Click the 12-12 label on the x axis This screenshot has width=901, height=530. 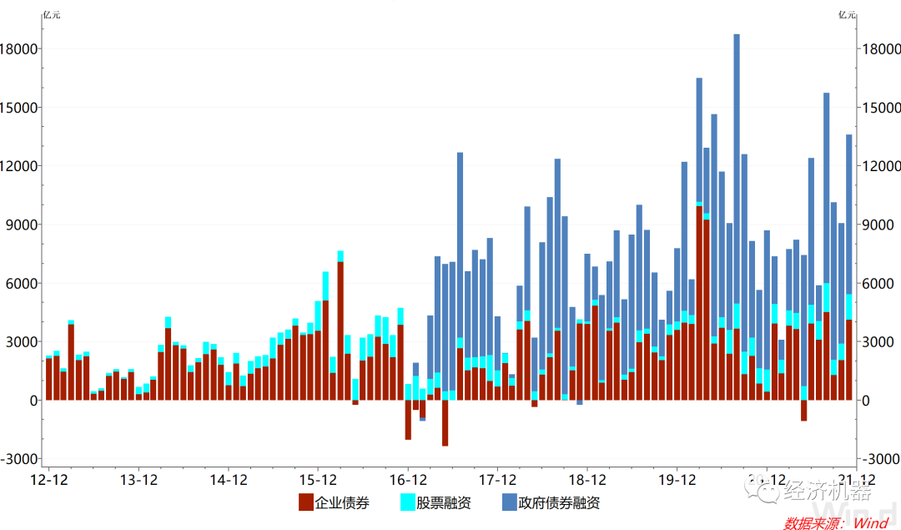tap(49, 480)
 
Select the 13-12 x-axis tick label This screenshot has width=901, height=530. tap(139, 480)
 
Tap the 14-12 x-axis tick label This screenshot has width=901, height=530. tap(229, 480)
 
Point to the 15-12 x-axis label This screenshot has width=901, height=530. tap(318, 480)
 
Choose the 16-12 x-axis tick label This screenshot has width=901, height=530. tap(408, 480)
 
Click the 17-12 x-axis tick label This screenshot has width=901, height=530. tap(497, 480)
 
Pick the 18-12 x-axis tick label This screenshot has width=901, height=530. tap(586, 480)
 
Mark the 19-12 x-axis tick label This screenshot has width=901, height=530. tap(677, 480)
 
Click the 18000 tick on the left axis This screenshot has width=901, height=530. tap(22, 49)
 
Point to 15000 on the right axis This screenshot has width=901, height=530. tap(880, 108)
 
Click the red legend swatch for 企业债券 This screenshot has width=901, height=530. tap(306, 502)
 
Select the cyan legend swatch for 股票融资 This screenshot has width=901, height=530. tap(408, 502)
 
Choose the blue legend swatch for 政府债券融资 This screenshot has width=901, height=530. tap(509, 502)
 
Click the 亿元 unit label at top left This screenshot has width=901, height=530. tap(52, 14)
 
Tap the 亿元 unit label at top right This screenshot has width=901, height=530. tap(848, 14)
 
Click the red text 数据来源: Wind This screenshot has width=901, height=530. tap(835, 523)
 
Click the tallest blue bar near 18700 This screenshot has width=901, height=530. tap(737, 167)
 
